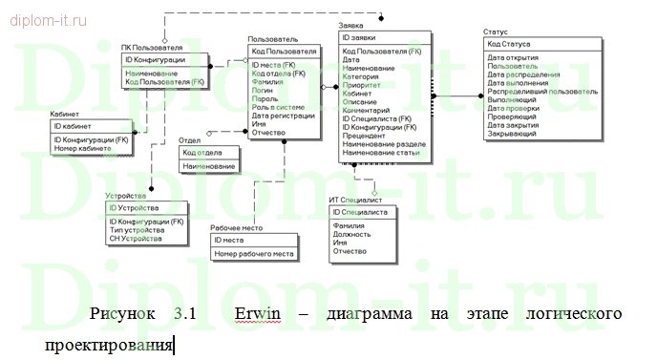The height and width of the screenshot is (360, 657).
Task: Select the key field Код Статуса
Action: pos(508,45)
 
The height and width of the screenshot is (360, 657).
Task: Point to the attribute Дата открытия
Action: pos(511,58)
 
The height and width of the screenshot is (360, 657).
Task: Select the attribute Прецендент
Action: pos(364,135)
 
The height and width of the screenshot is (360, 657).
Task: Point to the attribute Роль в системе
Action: pos(278,107)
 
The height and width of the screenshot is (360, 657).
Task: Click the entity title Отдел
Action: pos(190,140)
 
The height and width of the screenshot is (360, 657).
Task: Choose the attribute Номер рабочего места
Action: pos(253,253)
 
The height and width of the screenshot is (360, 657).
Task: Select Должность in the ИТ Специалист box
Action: pos(350,233)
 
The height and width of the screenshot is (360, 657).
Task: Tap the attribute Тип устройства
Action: pos(137,230)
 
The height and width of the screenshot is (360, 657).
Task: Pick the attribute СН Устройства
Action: pos(136,239)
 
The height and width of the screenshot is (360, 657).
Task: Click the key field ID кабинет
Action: pos(72,126)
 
